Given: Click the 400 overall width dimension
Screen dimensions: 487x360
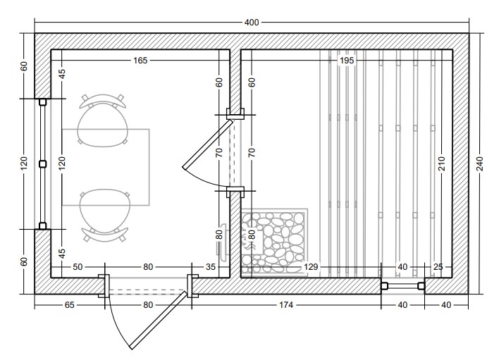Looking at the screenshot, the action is (252, 23).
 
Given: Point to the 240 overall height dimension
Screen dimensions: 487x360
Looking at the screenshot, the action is (480, 163).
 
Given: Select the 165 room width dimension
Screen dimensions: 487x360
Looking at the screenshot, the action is (140, 60).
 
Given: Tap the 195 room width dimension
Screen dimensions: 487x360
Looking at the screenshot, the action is (347, 60).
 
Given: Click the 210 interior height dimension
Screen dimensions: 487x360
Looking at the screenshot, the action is (442, 163).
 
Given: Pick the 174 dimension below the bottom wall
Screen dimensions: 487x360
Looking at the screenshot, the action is (286, 305).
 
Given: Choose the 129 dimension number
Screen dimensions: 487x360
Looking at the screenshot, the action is (311, 267).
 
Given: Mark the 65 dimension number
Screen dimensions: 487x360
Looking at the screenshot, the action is (69, 305).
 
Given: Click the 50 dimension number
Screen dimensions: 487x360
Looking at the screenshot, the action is (78, 267).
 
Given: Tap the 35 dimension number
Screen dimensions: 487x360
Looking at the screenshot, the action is (211, 267).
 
